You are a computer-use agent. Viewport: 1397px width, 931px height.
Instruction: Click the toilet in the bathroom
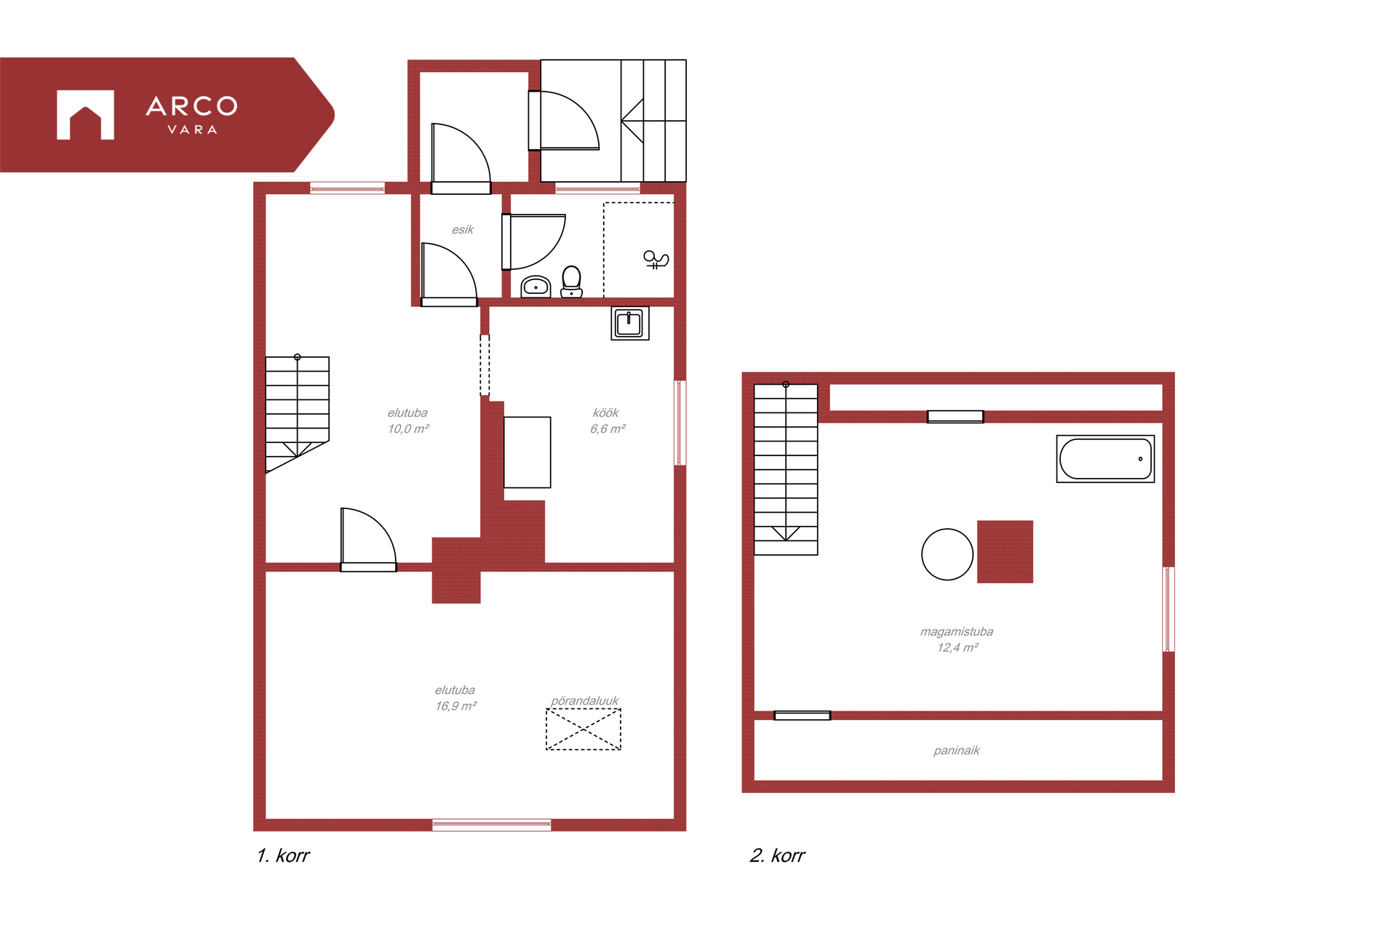coord(572,282)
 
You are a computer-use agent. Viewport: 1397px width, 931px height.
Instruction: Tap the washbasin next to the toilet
coord(536,287)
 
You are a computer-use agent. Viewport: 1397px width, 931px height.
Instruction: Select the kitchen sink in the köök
coord(629,323)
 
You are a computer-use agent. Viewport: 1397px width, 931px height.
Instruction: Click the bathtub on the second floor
coord(1105,459)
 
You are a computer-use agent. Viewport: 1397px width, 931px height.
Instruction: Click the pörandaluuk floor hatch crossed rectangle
coord(584,729)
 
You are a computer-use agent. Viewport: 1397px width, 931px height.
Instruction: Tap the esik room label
coord(463,230)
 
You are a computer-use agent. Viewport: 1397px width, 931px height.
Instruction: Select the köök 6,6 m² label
coord(608,421)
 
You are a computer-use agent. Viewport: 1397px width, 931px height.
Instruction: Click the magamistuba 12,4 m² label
coord(957,640)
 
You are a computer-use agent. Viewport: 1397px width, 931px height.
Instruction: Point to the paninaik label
coord(957,751)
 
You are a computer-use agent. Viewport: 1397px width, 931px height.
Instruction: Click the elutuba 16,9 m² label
coord(455,698)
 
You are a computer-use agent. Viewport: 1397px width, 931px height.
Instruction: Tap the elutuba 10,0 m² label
coord(408,421)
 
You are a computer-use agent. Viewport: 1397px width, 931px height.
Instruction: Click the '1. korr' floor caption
coord(283,855)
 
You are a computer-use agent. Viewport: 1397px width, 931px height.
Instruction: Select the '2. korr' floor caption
coord(777,855)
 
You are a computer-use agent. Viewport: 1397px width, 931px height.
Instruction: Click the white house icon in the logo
coord(86,115)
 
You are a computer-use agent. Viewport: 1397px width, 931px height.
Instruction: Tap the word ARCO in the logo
coord(192,107)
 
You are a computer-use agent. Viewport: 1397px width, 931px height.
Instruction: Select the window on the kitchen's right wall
coord(680,423)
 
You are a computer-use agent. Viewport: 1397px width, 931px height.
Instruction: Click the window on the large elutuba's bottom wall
coord(492,825)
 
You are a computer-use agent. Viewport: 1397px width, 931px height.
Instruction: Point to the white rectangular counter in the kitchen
coord(528,452)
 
